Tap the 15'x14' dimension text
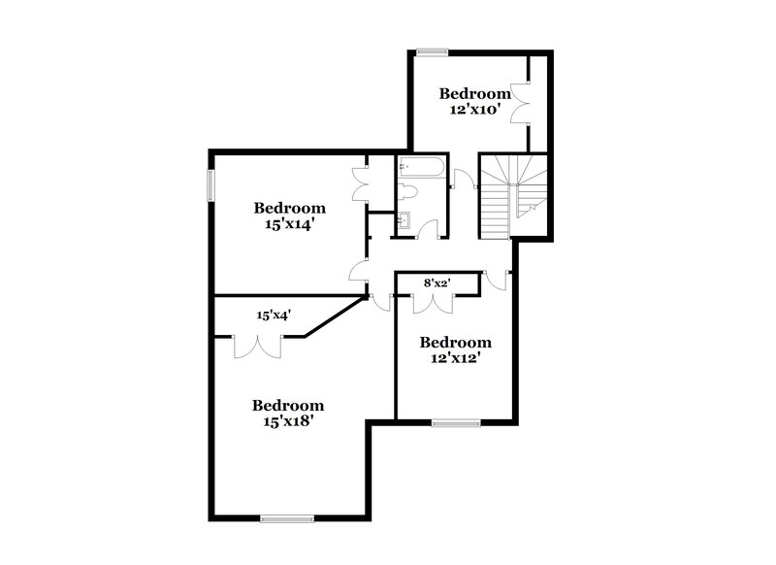click(289, 224)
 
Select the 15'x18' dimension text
click(288, 422)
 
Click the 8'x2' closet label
click(437, 282)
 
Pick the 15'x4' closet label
click(274, 315)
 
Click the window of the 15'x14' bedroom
click(210, 185)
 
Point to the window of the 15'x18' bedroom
click(288, 517)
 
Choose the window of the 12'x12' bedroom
click(456, 422)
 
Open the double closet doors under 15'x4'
click(257, 344)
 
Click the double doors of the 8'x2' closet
click(433, 302)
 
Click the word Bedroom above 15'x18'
click(288, 406)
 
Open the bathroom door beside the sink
click(430, 227)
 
